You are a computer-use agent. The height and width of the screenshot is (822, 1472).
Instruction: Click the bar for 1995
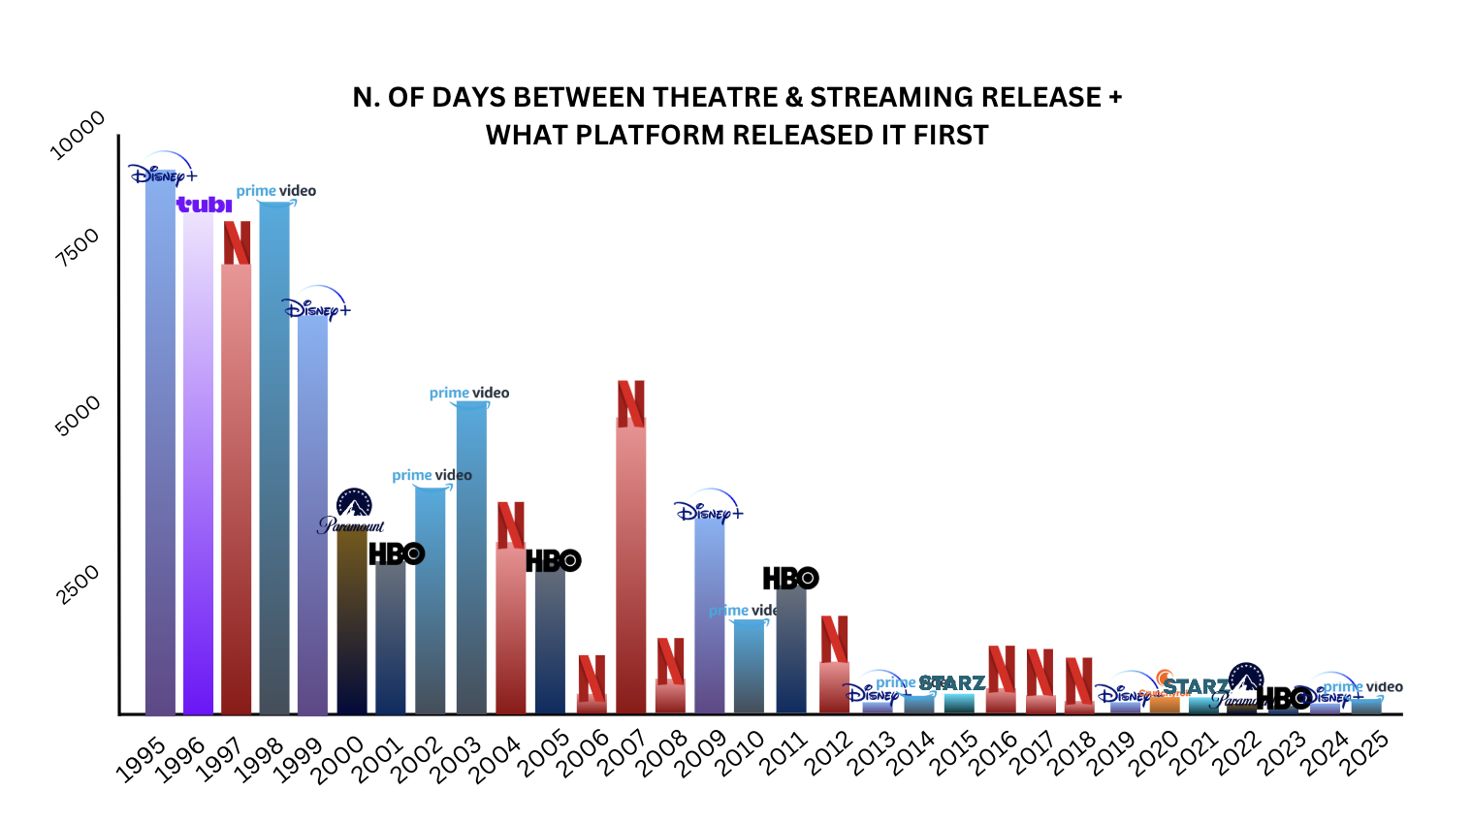[160, 446]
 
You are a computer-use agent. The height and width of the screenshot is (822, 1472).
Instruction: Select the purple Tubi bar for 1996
[198, 465]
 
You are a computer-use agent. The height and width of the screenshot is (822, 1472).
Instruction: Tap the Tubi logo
[204, 205]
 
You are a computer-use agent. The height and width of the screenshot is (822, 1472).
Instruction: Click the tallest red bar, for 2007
[630, 572]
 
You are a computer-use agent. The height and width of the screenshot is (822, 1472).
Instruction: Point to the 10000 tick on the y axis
[78, 136]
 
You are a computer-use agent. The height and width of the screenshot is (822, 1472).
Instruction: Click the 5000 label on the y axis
[79, 416]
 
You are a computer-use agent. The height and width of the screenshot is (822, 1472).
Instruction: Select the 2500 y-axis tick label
[79, 585]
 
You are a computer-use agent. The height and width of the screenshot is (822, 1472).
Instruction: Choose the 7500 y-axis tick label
[78, 247]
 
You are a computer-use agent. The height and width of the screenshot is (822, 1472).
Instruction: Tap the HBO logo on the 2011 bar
[790, 579]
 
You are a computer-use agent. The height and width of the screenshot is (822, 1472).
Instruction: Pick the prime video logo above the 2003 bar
[469, 394]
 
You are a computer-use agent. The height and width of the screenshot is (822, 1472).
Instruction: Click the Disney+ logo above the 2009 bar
[709, 509]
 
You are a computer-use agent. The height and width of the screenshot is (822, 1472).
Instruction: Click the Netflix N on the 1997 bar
[237, 242]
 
